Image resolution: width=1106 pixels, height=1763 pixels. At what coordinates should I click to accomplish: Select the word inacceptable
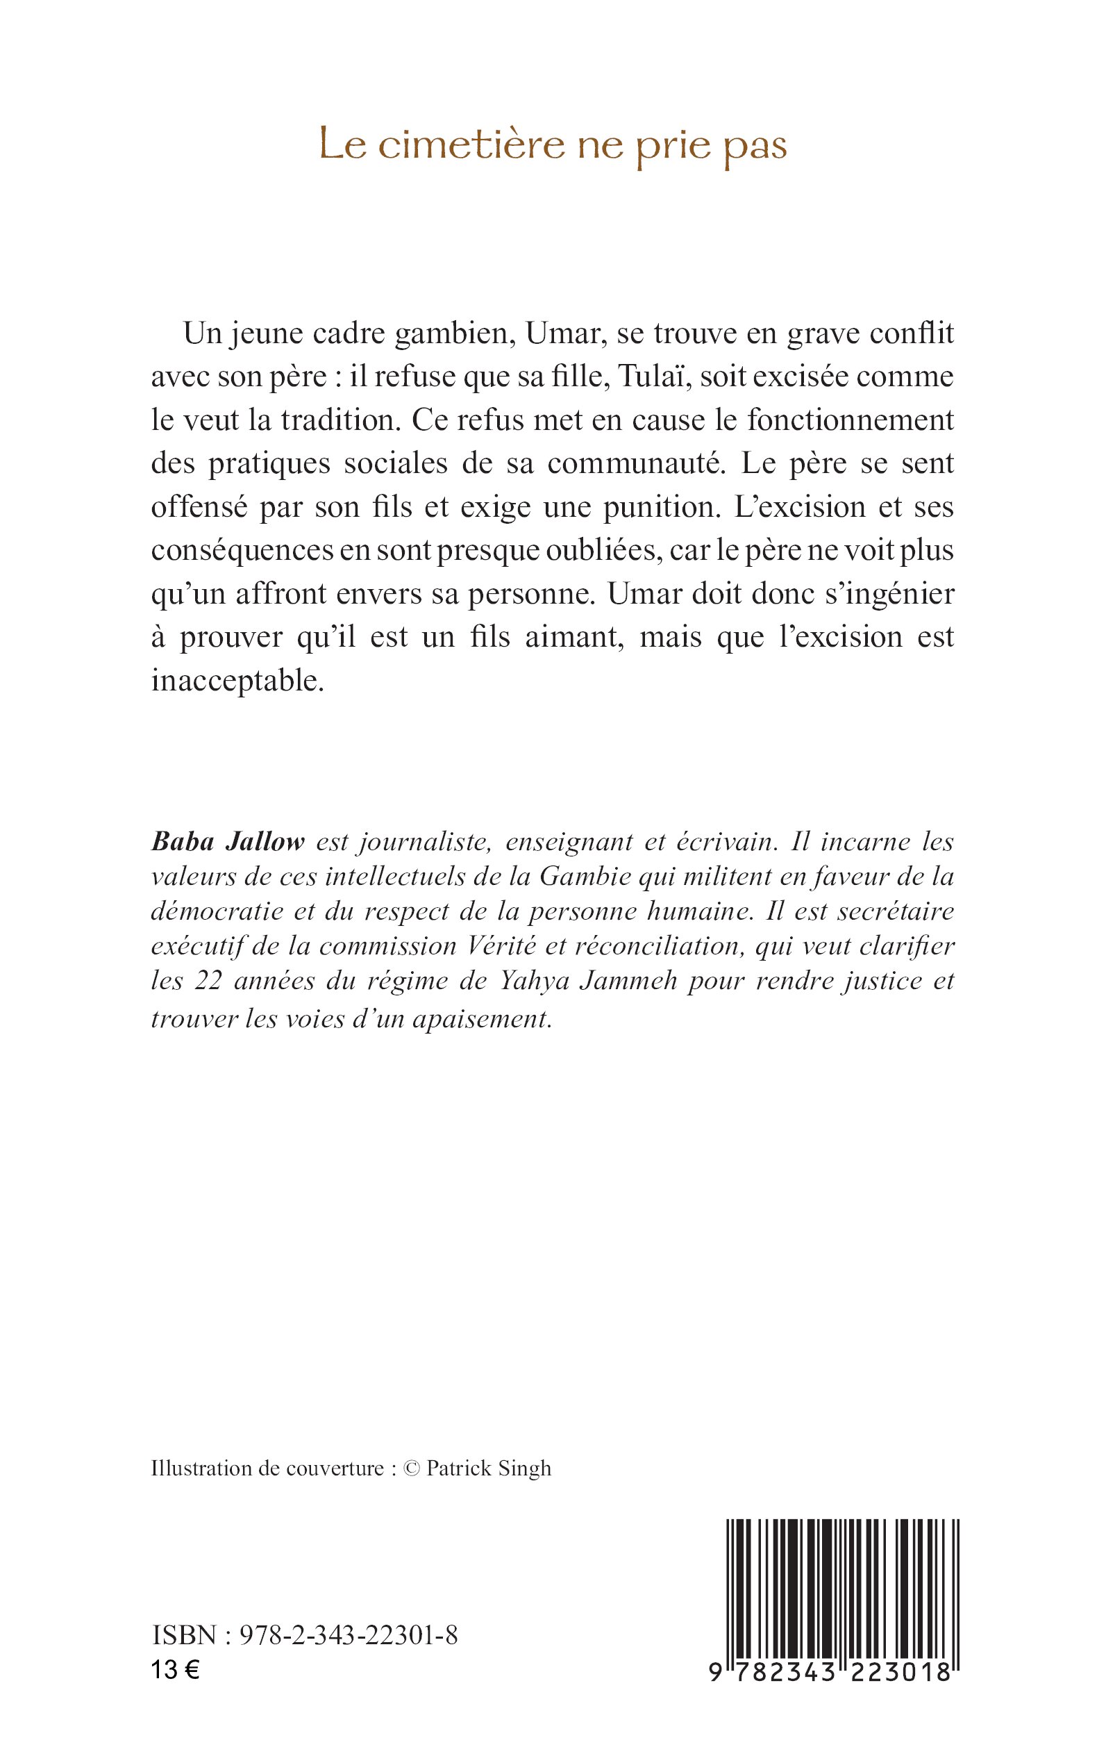(237, 681)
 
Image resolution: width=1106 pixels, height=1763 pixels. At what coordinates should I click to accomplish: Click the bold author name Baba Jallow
(228, 842)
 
